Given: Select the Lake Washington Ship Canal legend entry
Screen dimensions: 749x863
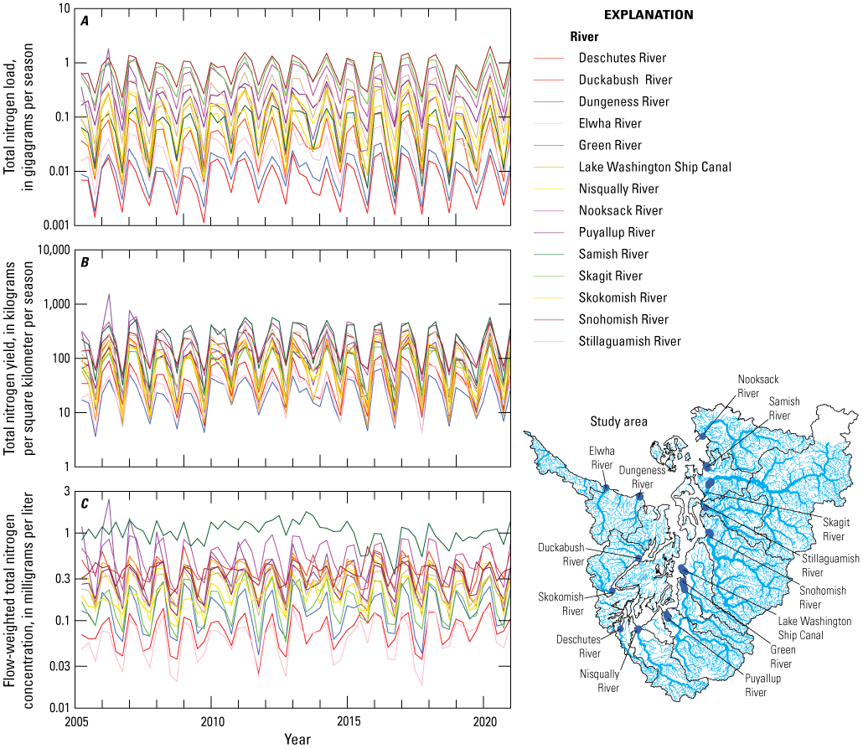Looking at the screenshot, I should click(x=654, y=167).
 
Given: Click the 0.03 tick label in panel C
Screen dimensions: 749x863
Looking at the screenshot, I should click(x=57, y=666).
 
